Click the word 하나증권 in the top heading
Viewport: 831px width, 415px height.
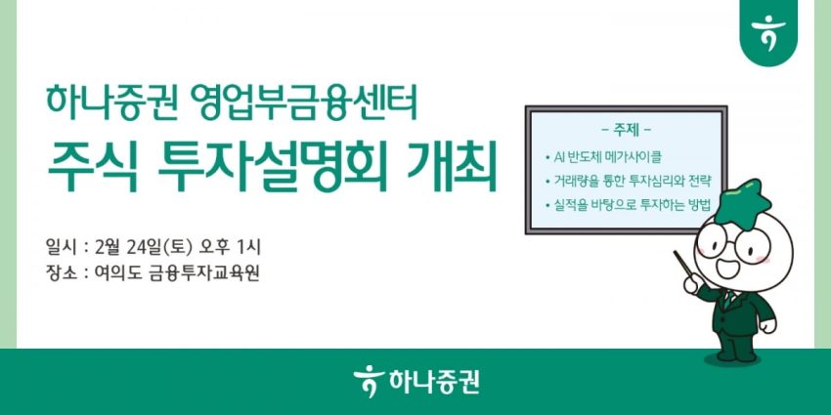pos(110,102)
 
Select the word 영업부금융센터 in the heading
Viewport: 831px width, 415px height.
pos(303,102)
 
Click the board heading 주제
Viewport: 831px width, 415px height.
pos(626,129)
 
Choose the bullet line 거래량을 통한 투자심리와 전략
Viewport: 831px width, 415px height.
pos(627,181)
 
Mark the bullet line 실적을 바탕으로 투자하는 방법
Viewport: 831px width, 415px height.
pos(627,205)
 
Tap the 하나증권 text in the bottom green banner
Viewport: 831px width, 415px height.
pos(433,382)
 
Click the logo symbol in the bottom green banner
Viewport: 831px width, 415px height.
pos(368,381)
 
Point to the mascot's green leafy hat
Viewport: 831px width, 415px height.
pos(743,200)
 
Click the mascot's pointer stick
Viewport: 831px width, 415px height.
pos(683,268)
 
